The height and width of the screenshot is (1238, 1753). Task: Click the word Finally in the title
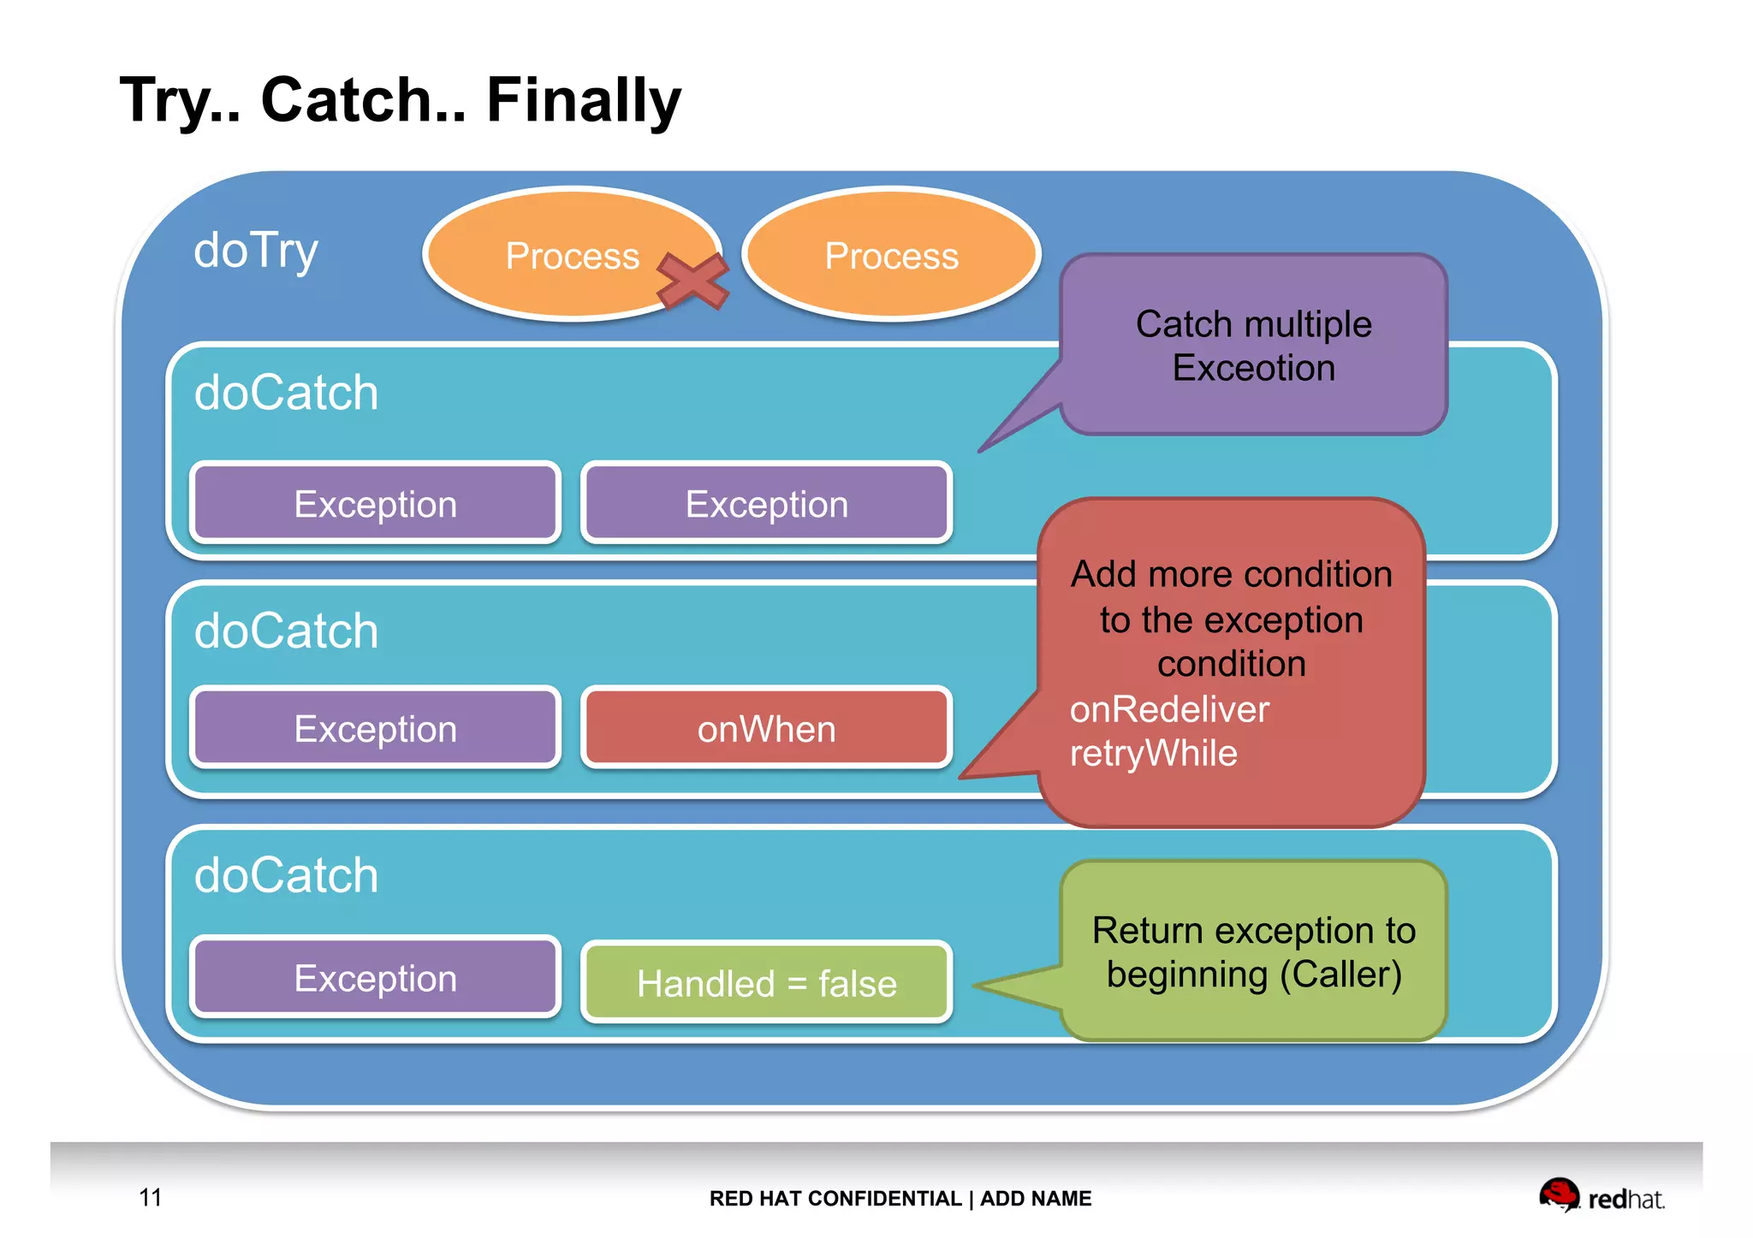tap(583, 100)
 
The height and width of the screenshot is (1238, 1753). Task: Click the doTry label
tap(256, 251)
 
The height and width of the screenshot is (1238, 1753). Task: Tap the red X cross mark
tap(692, 281)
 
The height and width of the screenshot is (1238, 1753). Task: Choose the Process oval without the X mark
tap(891, 255)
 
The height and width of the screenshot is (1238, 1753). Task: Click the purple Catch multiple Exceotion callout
tap(1253, 346)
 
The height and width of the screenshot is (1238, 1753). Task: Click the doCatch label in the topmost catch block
tap(286, 393)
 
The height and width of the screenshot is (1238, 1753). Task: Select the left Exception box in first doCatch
tap(375, 504)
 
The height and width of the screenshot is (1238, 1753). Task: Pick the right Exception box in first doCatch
tap(766, 504)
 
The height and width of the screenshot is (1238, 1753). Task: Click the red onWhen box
tap(766, 729)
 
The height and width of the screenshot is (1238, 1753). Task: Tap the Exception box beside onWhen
tap(375, 729)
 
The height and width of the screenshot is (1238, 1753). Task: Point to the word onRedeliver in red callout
tap(1169, 709)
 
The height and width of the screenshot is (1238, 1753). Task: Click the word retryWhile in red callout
tap(1153, 754)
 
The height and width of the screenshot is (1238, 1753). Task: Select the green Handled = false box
tap(766, 983)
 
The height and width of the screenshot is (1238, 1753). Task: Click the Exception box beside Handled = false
tap(375, 978)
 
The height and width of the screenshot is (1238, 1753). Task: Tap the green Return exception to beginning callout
tap(1253, 951)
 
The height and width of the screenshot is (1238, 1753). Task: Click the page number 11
tap(151, 1197)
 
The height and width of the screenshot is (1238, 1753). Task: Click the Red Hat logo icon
tap(1559, 1194)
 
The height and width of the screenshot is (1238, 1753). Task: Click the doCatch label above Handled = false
tap(286, 875)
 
